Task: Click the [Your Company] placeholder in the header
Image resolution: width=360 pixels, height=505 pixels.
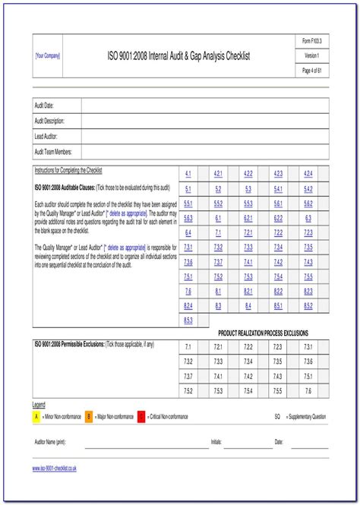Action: (x=48, y=56)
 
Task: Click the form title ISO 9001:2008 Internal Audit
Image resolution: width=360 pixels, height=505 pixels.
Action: (x=178, y=56)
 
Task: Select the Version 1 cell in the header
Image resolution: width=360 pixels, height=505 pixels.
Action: (x=311, y=56)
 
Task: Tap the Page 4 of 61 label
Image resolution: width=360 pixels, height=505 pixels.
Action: (x=311, y=71)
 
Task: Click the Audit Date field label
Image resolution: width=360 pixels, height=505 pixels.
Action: (x=45, y=106)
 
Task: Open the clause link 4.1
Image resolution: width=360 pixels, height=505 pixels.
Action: (x=188, y=174)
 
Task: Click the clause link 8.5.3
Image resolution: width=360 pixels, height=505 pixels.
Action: (x=188, y=320)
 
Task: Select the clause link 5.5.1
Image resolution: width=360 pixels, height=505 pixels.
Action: (x=188, y=204)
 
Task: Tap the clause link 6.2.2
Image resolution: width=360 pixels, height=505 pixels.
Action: (x=278, y=218)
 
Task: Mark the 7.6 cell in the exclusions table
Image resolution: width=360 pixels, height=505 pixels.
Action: (x=308, y=390)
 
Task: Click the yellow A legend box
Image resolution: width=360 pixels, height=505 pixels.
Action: (x=36, y=416)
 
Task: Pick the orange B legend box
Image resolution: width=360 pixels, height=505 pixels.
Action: (x=88, y=416)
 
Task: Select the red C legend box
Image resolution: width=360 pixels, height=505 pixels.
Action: (x=141, y=416)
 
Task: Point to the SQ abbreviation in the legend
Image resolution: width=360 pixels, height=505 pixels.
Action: (x=277, y=416)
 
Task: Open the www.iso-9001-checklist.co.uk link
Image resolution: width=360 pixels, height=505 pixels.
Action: (x=55, y=469)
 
